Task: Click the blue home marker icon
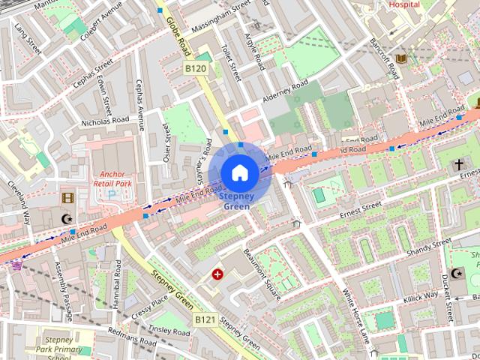(239, 172)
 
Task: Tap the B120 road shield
(196, 69)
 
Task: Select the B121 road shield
(205, 319)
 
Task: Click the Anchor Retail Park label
(111, 178)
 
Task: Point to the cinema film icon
(69, 197)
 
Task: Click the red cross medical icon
(218, 274)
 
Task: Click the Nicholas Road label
(106, 120)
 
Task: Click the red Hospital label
(404, 4)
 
